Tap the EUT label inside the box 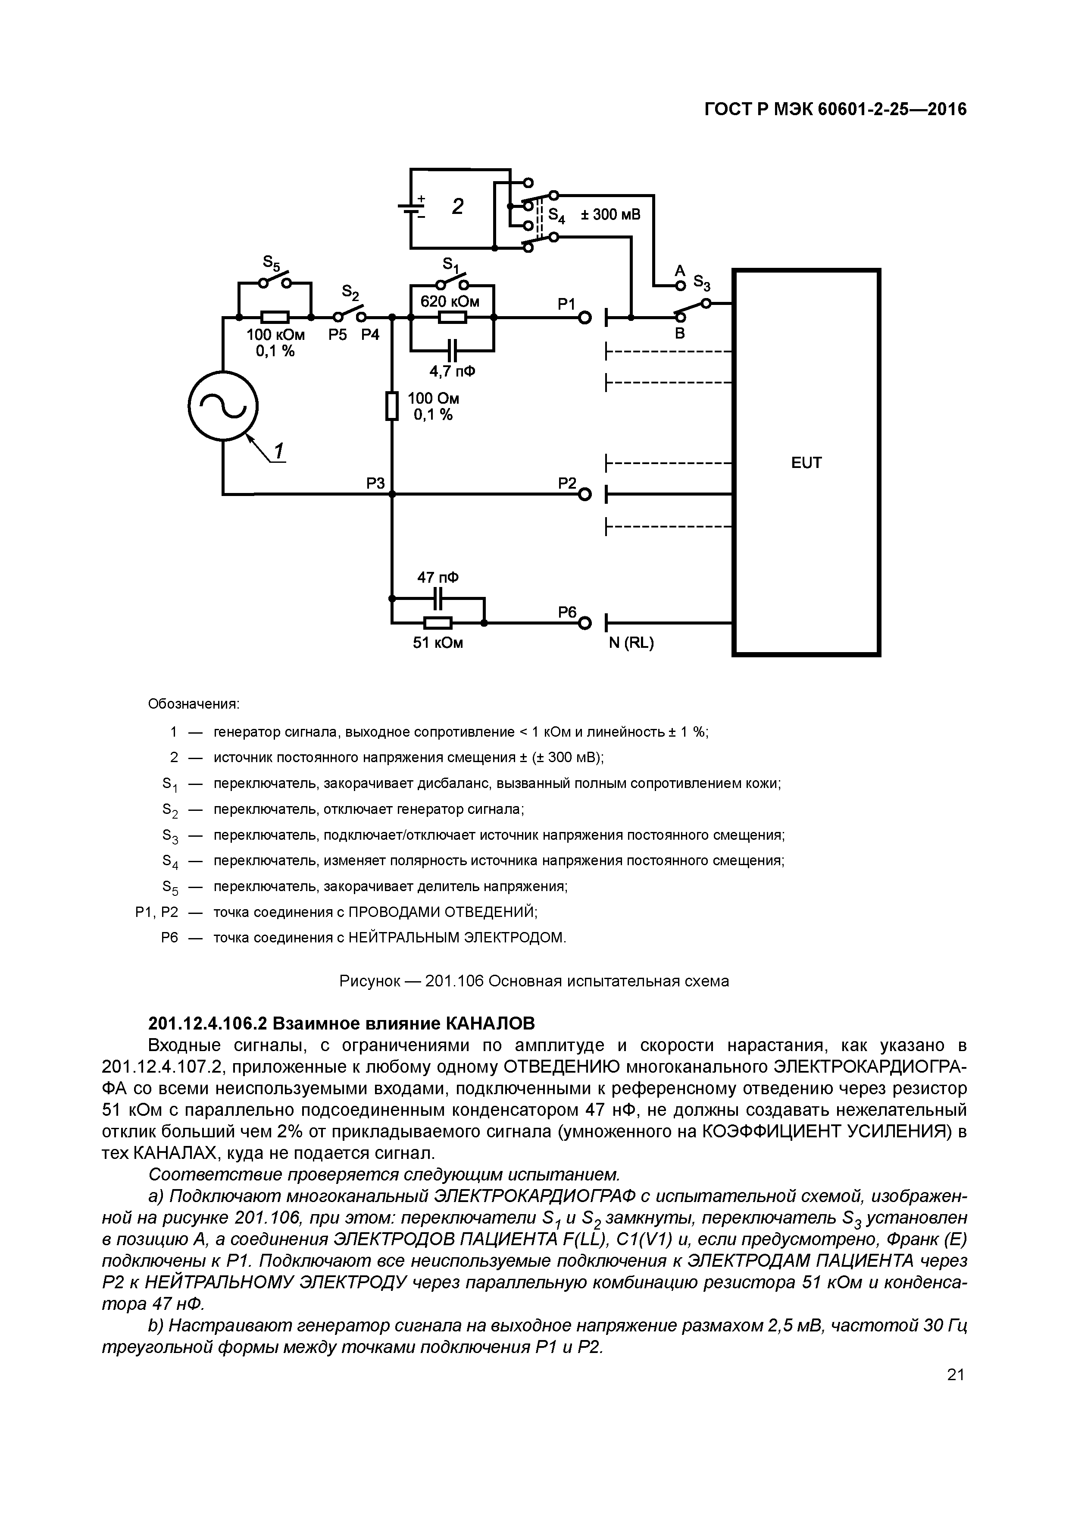click(806, 463)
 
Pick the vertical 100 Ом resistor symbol click(392, 406)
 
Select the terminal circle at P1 click(584, 318)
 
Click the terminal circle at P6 click(584, 623)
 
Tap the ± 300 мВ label click(610, 214)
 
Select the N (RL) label click(631, 643)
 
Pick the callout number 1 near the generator click(279, 452)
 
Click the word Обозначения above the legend click(194, 704)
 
